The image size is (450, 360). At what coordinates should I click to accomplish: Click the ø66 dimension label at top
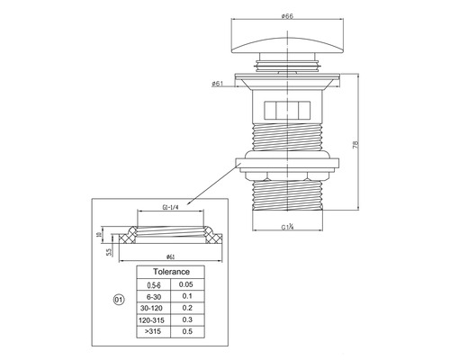[x=287, y=16]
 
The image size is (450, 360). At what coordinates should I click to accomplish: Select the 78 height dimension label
[x=355, y=145]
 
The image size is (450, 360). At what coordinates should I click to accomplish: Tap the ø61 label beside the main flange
[x=217, y=84]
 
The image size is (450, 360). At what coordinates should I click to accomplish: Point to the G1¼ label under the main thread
[x=287, y=227]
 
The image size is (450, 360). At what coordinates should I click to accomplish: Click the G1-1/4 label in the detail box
[x=170, y=207]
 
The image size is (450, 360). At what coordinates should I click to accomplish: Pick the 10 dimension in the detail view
[x=99, y=235]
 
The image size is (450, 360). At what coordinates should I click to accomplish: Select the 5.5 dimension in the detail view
[x=109, y=252]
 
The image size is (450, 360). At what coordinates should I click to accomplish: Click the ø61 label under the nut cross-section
[x=170, y=256]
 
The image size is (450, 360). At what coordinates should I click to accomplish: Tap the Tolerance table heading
[x=171, y=272]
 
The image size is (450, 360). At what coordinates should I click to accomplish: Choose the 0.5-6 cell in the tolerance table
[x=154, y=285]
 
